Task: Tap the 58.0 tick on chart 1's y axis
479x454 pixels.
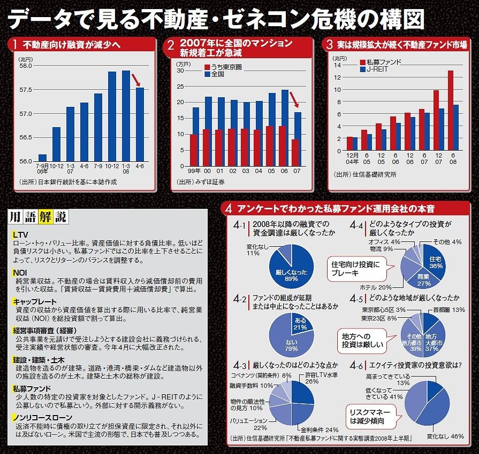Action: tap(26, 66)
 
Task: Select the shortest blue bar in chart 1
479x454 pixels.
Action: tap(42, 158)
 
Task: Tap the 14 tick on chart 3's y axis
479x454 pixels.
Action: tap(337, 65)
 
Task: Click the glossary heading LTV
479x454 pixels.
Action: tap(20, 235)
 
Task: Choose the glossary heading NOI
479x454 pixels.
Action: tap(20, 272)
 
